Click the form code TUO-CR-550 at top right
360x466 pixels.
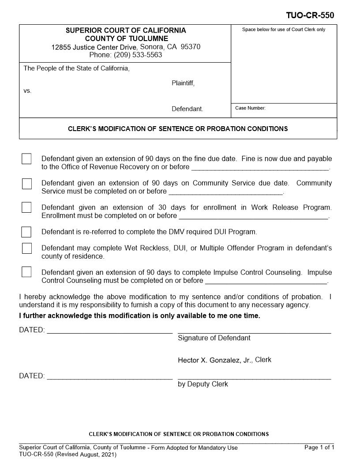coord(310,15)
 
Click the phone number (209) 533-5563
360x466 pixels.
coord(138,55)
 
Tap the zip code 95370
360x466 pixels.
coord(191,47)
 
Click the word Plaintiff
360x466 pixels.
coord(183,83)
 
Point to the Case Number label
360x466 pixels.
coord(250,108)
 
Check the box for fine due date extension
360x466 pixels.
coord(26,159)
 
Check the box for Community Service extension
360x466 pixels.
coord(26,184)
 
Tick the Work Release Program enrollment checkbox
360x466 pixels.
coord(26,207)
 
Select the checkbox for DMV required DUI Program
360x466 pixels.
coord(26,232)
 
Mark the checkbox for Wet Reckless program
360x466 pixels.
coord(26,248)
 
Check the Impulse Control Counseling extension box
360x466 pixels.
coord(26,272)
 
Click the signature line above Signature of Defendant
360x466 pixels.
coord(254,331)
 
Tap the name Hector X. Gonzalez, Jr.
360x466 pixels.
coord(215,360)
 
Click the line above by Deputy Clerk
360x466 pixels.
coord(254,378)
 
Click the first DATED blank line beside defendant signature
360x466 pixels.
coord(109,331)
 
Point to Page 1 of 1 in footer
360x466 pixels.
coord(319,447)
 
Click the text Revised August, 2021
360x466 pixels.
coord(86,455)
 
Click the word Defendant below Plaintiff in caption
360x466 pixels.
coord(187,109)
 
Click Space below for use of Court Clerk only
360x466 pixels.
coord(283,30)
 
